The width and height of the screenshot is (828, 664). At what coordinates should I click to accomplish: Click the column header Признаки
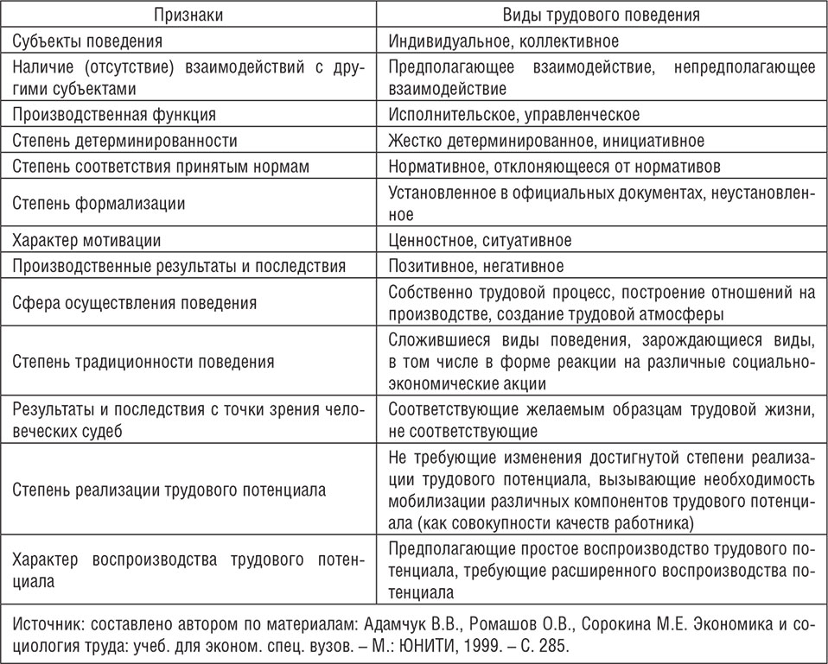pyautogui.click(x=187, y=16)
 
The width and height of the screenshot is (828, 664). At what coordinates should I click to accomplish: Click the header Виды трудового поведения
pyautogui.click(x=602, y=16)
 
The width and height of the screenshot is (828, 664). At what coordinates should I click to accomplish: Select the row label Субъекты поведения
pyautogui.click(x=86, y=41)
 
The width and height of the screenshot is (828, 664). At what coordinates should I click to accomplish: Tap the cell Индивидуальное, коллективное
pyautogui.click(x=503, y=41)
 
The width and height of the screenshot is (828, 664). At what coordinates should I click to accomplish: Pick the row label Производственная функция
pyautogui.click(x=114, y=115)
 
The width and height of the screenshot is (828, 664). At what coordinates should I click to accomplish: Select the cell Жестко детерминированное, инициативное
pyautogui.click(x=546, y=140)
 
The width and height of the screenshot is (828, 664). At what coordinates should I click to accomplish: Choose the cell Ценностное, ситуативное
pyautogui.click(x=480, y=240)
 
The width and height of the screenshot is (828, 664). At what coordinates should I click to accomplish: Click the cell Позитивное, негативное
pyautogui.click(x=476, y=266)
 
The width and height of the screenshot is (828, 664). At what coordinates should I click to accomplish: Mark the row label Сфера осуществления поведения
pyautogui.click(x=135, y=303)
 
